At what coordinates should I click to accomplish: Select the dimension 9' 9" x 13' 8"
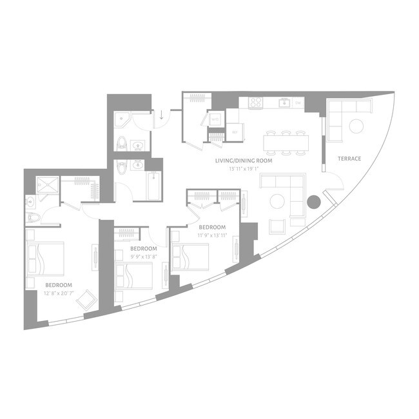(143, 257)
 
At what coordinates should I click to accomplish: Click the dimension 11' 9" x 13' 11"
(211, 235)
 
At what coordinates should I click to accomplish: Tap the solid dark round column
(313, 202)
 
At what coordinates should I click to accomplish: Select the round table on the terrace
(356, 125)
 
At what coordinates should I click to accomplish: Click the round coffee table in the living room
(276, 201)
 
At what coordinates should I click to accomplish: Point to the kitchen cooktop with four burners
(255, 102)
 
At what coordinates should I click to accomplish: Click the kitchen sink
(283, 102)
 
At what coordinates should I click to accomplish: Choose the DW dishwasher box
(298, 102)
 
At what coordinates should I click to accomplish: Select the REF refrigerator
(234, 132)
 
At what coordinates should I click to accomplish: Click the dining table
(286, 141)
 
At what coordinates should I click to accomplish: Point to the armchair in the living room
(277, 226)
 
